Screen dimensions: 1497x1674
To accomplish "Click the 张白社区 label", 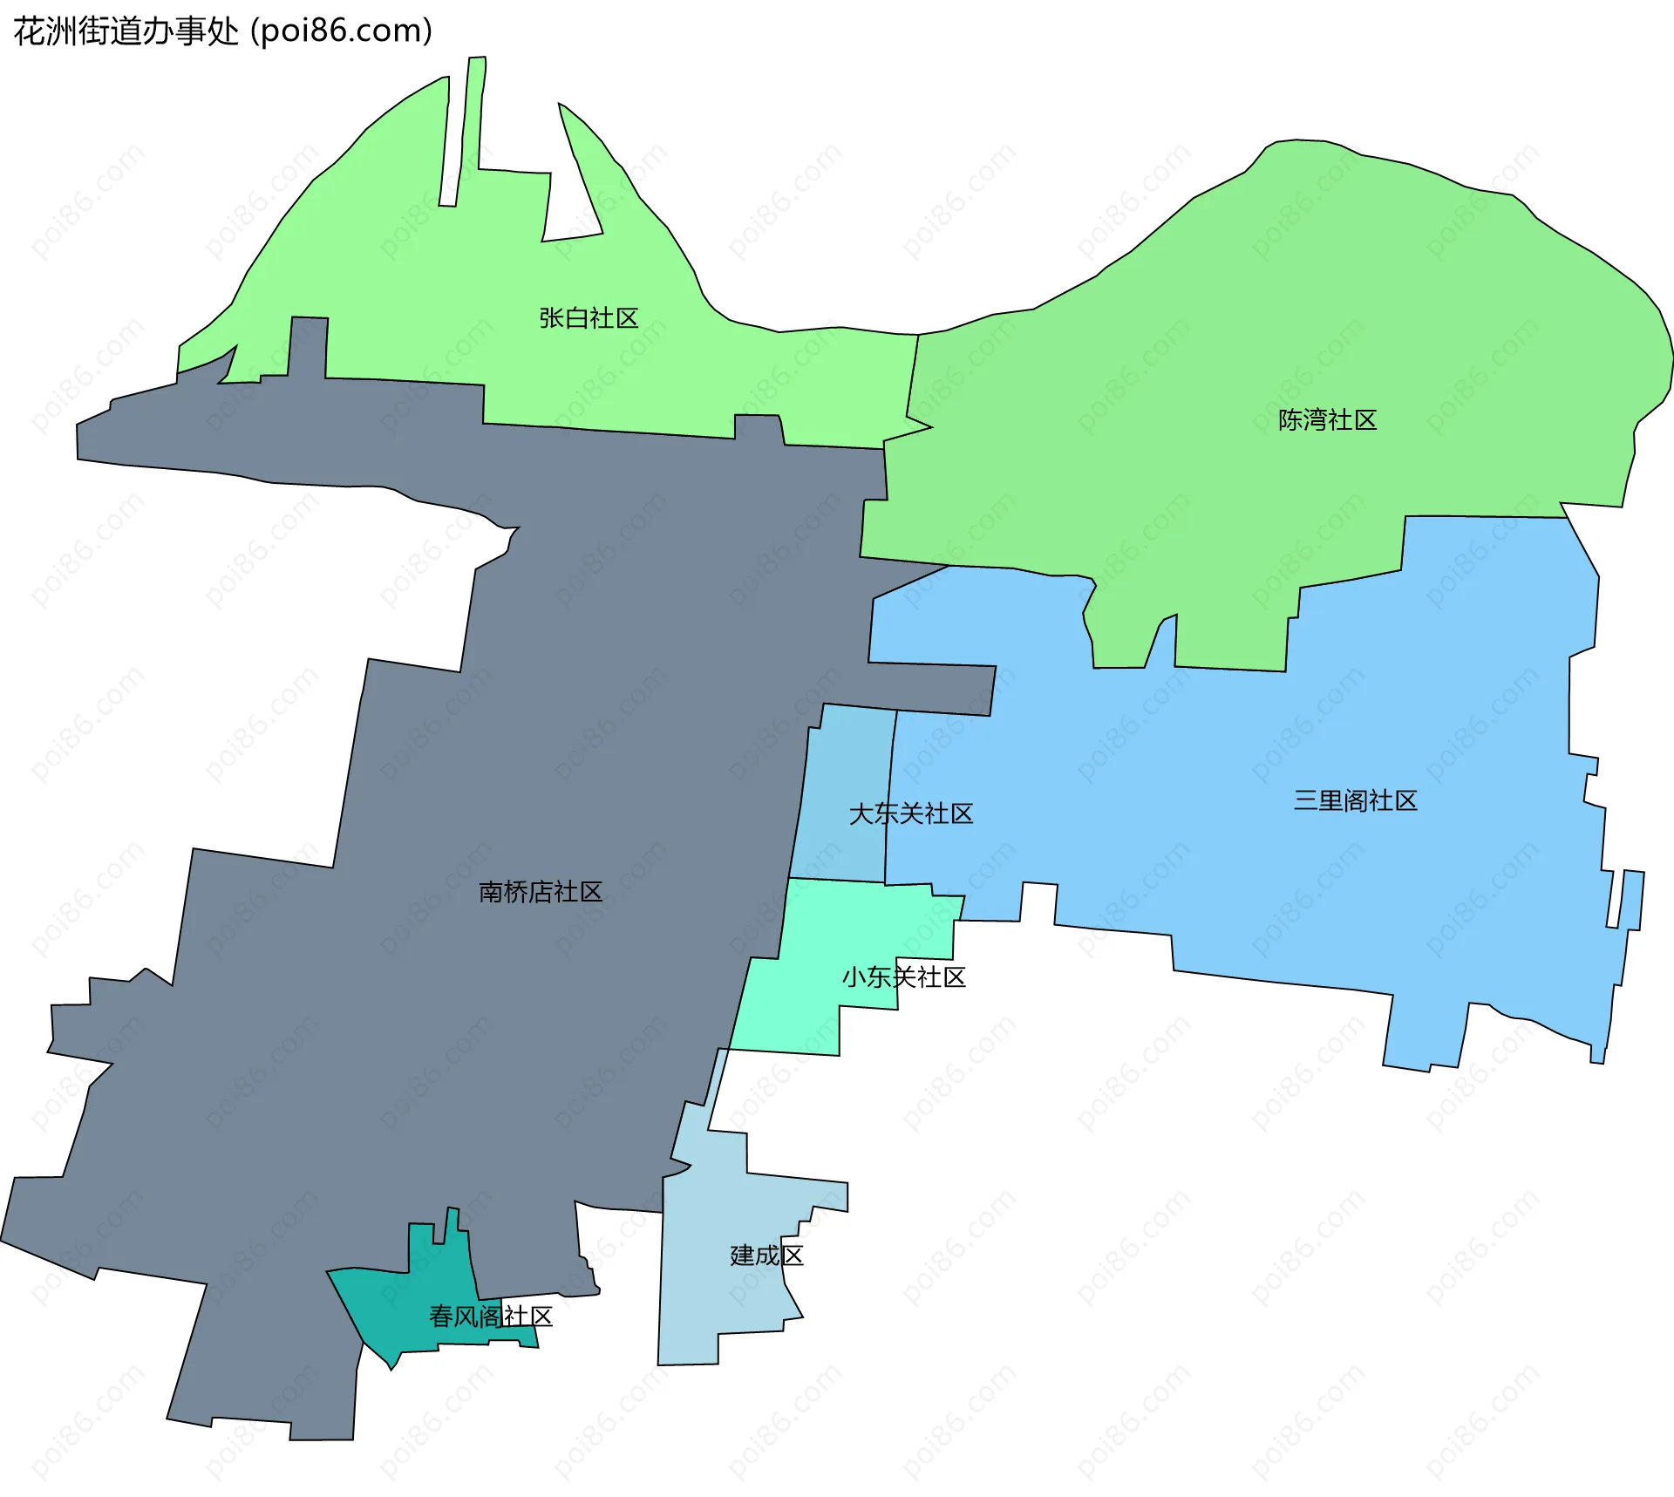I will (589, 318).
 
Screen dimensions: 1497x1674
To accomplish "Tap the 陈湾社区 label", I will (1327, 420).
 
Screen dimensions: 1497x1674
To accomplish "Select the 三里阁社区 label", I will (1355, 800).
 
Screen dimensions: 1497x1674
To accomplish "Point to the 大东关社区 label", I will (910, 813).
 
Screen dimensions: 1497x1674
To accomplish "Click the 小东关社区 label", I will (903, 977).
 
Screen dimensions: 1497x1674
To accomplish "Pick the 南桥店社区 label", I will (541, 892).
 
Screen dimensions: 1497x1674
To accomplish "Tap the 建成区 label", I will (766, 1255).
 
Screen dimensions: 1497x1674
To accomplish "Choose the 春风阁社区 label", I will (491, 1317).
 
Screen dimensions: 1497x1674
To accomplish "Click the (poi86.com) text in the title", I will (342, 31).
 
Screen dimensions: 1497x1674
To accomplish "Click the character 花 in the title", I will (28, 31).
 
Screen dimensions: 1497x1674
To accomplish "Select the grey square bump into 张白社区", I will (308, 346).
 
